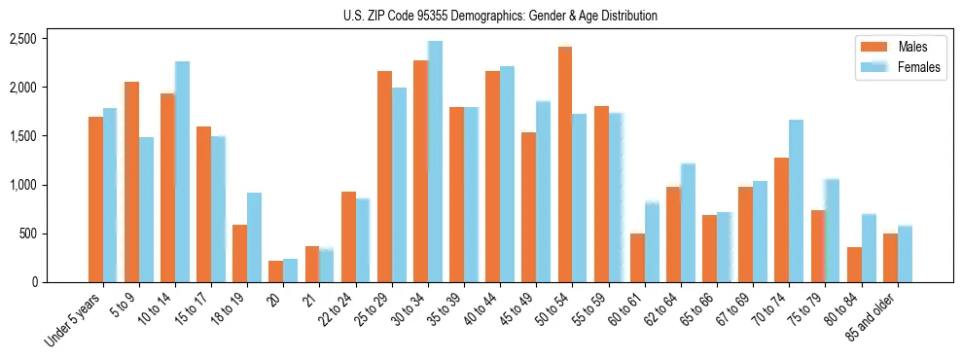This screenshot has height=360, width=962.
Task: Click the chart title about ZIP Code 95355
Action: pyautogui.click(x=500, y=16)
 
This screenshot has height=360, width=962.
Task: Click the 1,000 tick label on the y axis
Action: pyautogui.click(x=22, y=185)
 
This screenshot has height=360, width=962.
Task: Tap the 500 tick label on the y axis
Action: pyautogui.click(x=28, y=234)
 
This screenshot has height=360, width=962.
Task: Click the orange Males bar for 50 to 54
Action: pyautogui.click(x=564, y=164)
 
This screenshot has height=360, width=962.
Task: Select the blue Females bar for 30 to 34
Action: pyautogui.click(x=434, y=162)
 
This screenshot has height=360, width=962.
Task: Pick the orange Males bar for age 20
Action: pyautogui.click(x=275, y=271)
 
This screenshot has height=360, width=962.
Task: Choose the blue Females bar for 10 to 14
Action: pyautogui.click(x=182, y=172)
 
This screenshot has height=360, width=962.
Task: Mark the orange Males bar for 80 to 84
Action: pyautogui.click(x=852, y=265)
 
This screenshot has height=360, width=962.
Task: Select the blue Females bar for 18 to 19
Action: pyautogui.click(x=254, y=237)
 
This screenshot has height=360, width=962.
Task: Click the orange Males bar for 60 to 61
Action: pyautogui.click(x=637, y=258)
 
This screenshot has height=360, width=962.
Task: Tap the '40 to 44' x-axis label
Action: pyautogui.click(x=482, y=310)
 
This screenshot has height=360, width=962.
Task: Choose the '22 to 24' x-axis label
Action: pyautogui.click(x=338, y=310)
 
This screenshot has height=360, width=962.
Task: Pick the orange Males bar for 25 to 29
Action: pyautogui.click(x=384, y=176)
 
